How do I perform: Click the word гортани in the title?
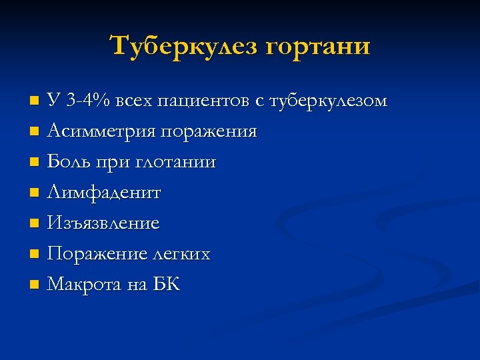[x=317, y=46]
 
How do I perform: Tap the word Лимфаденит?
[x=104, y=193]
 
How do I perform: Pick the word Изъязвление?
[x=103, y=223]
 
